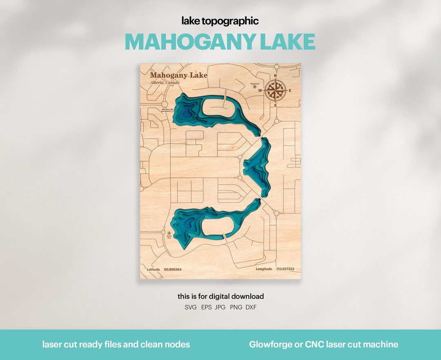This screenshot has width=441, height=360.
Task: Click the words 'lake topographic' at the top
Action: (220, 21)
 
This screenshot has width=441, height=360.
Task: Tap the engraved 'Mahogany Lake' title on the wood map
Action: (178, 75)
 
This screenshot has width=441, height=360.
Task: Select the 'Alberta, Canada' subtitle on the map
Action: (165, 82)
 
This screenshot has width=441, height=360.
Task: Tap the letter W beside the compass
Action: (260, 91)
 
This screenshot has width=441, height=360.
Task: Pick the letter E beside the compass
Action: (290, 91)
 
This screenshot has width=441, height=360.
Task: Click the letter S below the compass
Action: (275, 105)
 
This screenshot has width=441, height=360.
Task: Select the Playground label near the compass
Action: (255, 83)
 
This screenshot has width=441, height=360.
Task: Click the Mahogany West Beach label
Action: (165, 110)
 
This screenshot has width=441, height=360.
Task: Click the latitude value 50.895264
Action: (173, 269)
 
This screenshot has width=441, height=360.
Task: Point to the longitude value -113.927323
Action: (285, 269)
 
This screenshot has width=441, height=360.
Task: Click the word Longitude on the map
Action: (264, 269)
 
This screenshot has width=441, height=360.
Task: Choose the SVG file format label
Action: (191, 307)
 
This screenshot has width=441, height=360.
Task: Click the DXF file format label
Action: (251, 307)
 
